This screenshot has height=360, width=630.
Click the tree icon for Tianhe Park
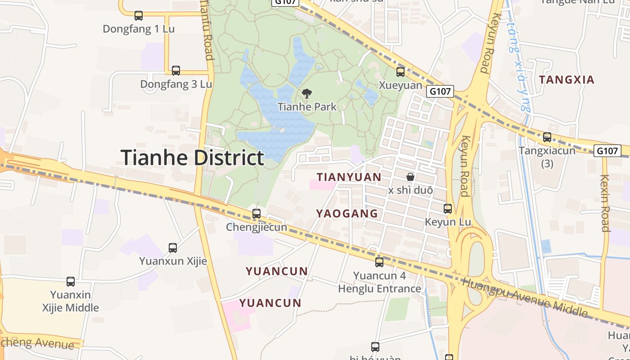pos(307,94)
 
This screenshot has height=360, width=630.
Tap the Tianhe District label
pos(192,158)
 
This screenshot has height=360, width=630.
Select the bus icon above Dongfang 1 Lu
pos(139,16)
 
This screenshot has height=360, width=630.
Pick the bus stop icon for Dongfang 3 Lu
pos(176,71)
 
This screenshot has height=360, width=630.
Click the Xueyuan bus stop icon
pos(400,72)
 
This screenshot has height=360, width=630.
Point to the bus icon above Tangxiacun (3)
pos(547,137)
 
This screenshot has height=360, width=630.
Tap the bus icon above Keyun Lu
pos(448,209)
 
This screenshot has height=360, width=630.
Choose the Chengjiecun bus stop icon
pos(256,214)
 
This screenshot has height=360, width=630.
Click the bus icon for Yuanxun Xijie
pos(173,247)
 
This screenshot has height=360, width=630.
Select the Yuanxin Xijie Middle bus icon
pos(71,282)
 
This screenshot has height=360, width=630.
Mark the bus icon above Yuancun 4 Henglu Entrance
pos(379,262)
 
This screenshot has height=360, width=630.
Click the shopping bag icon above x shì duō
pos(410,177)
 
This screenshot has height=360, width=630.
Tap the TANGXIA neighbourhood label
pos(567,80)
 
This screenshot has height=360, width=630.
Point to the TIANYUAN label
pos(349,177)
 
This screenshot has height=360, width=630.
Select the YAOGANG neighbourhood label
pos(347,214)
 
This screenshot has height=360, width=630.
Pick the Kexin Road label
pos(605,203)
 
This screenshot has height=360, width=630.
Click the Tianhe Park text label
pos(307,107)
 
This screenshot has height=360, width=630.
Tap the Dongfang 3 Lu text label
pos(176,84)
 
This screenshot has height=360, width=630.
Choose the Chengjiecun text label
pos(256,227)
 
